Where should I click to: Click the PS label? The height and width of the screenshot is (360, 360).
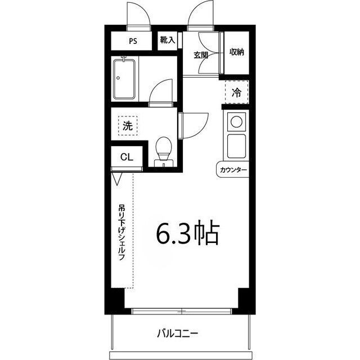point(133,41)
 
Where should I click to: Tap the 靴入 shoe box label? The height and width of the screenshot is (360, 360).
point(168,40)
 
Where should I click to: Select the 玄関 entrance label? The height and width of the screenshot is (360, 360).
point(201,55)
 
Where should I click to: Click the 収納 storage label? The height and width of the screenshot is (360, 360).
point(236,52)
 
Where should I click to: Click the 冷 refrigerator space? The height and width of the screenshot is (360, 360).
point(237,92)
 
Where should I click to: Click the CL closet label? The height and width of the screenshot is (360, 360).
point(127,157)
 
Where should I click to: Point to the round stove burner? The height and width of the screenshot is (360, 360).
point(236,121)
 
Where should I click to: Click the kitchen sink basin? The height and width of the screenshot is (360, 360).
point(236,146)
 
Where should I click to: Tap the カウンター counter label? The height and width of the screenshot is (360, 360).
point(233,169)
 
